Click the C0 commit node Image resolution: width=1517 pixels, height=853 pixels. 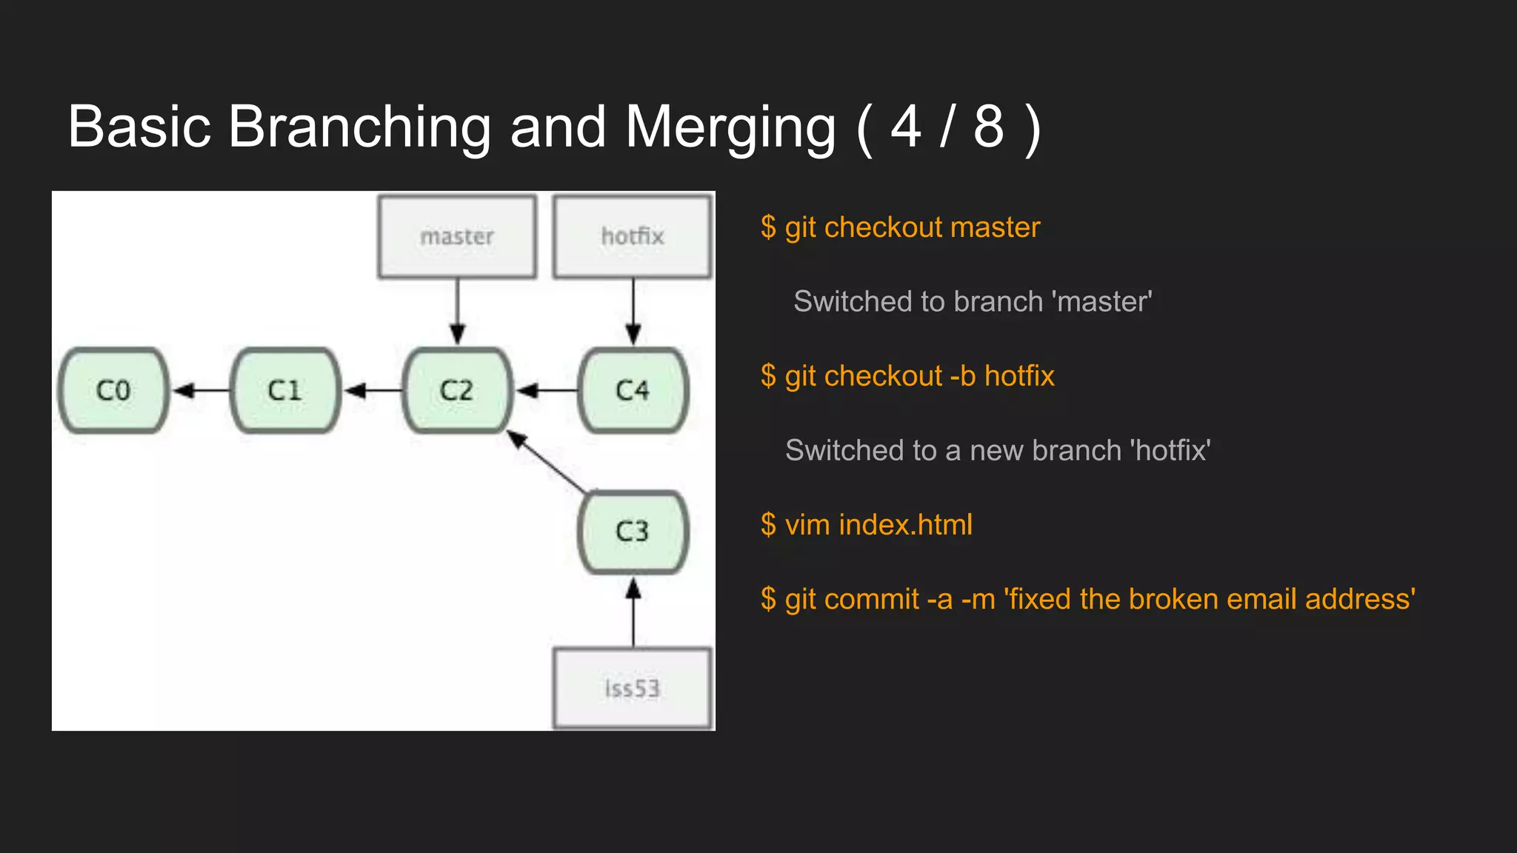point(113,390)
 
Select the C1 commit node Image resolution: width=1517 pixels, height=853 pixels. point(285,390)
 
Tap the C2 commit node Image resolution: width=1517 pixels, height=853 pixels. point(457,390)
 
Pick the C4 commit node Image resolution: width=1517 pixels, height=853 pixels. point(633,390)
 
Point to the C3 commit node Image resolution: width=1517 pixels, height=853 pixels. point(633,531)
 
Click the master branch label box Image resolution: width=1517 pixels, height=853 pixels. point(457,237)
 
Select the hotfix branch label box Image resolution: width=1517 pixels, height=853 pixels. point(633,237)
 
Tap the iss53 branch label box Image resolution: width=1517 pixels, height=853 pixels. point(633,689)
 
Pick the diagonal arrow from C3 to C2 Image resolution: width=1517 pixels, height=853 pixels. point(548,462)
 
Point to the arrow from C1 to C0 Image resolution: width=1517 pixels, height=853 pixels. point(201,390)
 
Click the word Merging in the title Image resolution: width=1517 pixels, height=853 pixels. point(730,127)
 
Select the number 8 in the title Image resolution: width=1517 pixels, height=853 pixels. point(988,127)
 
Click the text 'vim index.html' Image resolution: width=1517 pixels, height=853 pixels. point(878,525)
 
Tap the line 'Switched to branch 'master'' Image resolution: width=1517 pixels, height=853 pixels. point(973,302)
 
